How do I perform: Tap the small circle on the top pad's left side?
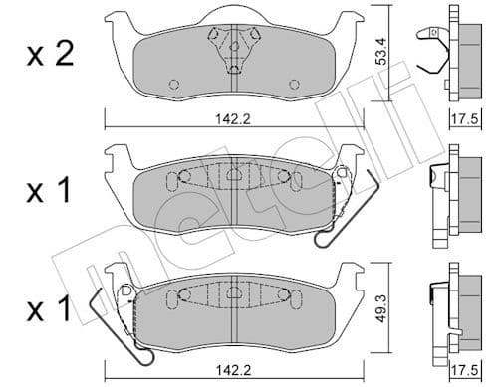click(175, 84)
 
